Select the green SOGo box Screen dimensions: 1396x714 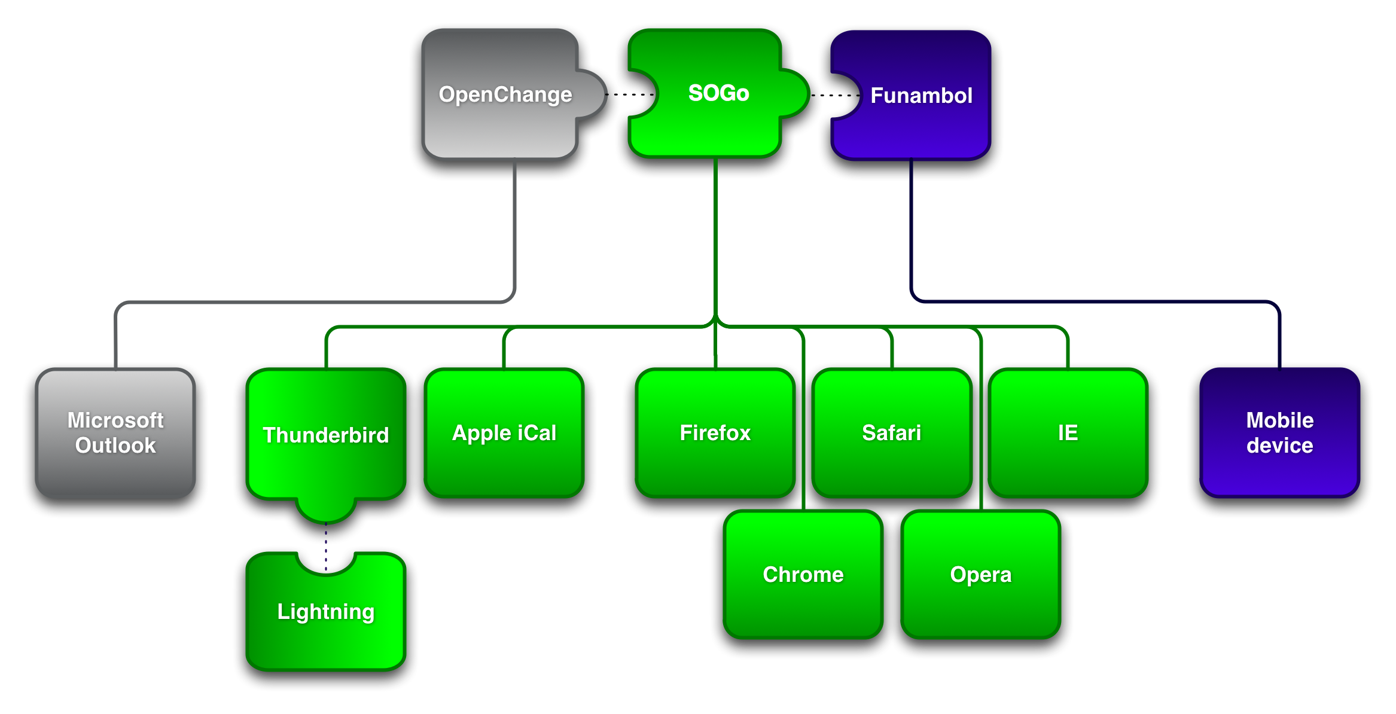[715, 93]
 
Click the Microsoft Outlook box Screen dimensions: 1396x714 [115, 433]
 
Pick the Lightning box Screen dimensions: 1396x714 [326, 612]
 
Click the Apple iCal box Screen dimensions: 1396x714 [504, 433]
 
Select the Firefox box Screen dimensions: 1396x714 [715, 433]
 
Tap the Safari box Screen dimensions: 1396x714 [892, 433]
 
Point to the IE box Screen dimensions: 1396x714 [1068, 433]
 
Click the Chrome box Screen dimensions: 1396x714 [803, 575]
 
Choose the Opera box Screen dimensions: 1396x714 [981, 575]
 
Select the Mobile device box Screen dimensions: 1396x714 [1280, 433]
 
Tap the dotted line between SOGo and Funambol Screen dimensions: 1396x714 [835, 95]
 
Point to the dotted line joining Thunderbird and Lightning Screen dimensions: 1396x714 [326, 547]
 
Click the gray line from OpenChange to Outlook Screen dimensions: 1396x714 [315, 302]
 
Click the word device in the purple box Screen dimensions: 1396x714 [1280, 446]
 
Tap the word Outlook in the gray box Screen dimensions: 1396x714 [115, 446]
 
